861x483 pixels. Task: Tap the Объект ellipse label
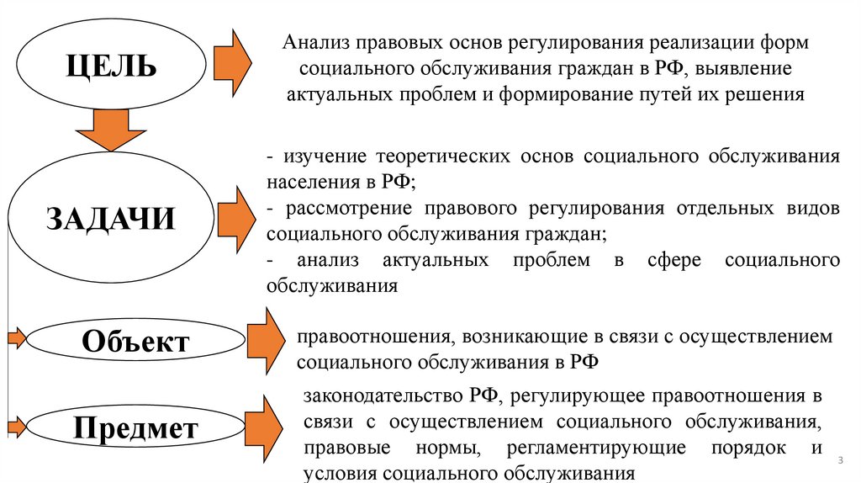click(x=135, y=342)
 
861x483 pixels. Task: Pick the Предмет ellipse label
click(x=135, y=429)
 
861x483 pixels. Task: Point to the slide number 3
click(x=840, y=462)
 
